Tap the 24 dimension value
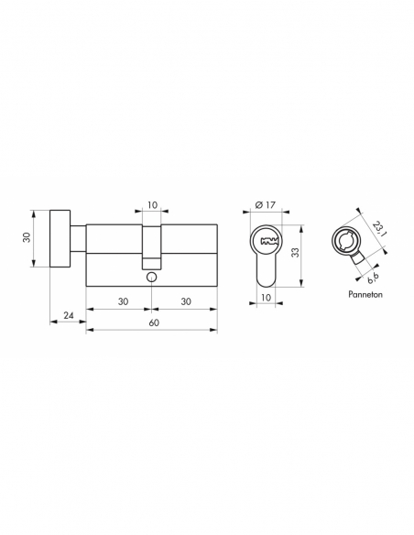pyautogui.click(x=69, y=316)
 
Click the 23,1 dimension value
pyautogui.click(x=381, y=223)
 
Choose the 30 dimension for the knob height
pyautogui.click(x=27, y=236)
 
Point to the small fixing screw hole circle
pyautogui.click(x=151, y=275)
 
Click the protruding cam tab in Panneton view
pyautogui.click(x=355, y=260)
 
